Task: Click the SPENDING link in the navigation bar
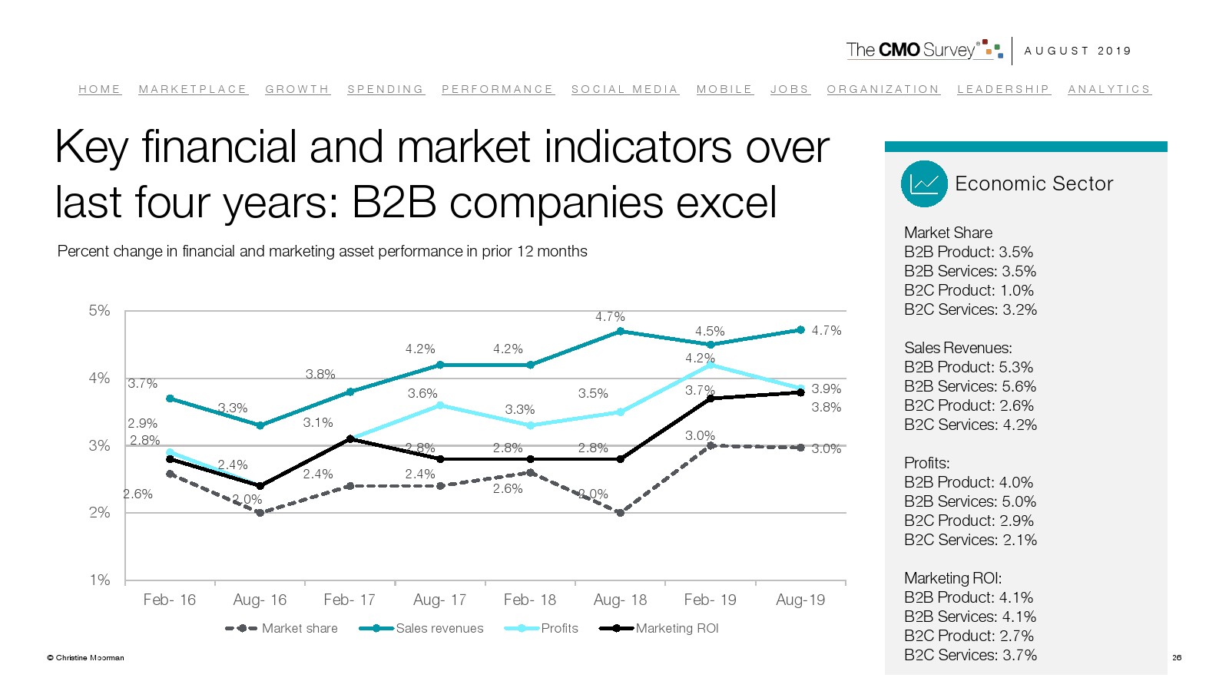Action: click(385, 89)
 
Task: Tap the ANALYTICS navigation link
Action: click(1108, 89)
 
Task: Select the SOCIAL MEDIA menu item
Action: click(624, 89)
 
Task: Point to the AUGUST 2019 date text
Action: click(1078, 51)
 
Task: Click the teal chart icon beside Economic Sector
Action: click(924, 183)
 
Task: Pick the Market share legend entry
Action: click(282, 628)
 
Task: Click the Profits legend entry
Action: click(542, 628)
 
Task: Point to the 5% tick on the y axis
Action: click(99, 311)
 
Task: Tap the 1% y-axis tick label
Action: click(99, 580)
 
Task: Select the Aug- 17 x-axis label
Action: click(439, 600)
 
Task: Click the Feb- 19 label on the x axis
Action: click(710, 600)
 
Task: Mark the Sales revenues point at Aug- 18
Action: click(620, 332)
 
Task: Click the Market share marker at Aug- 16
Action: click(260, 513)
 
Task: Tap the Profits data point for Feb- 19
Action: click(711, 365)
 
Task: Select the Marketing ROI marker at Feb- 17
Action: click(350, 439)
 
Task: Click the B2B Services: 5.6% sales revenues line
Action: click(970, 386)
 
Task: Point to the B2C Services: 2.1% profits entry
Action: click(970, 540)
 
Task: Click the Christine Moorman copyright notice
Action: click(85, 657)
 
